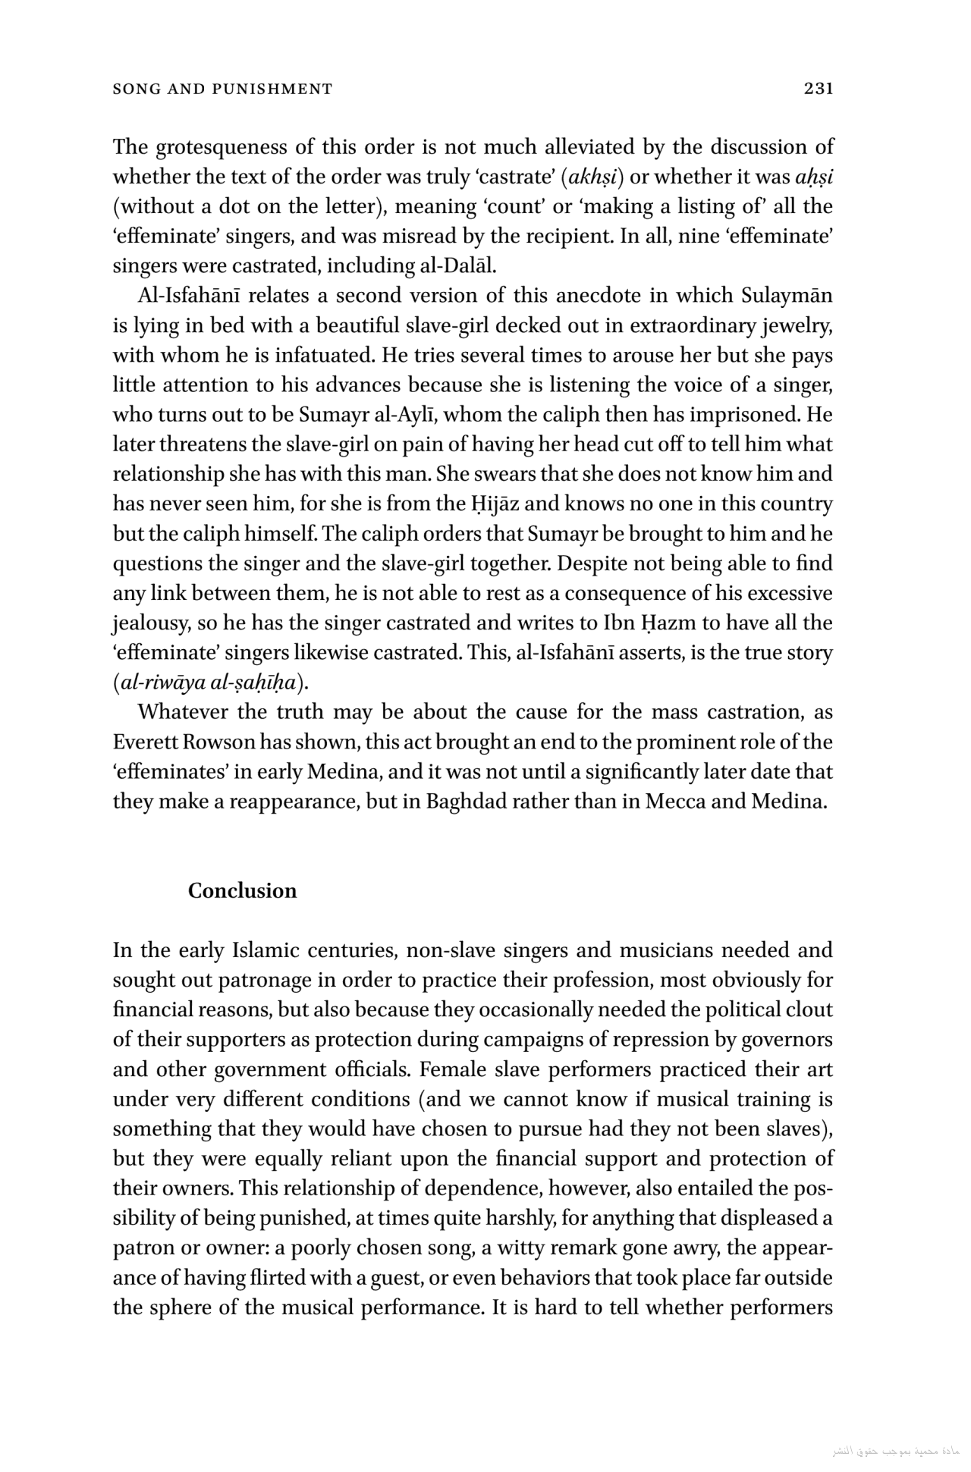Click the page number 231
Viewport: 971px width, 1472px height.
[x=819, y=89]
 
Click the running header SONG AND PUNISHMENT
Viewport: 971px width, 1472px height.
[x=222, y=89]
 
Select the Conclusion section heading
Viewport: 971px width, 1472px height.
[x=242, y=890]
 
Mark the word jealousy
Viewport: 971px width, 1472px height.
[x=151, y=623]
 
